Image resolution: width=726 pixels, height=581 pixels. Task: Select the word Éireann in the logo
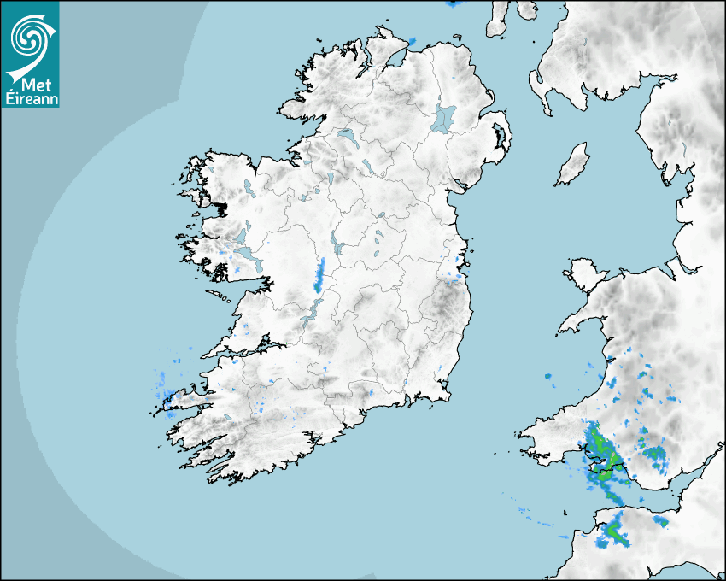pyautogui.click(x=31, y=99)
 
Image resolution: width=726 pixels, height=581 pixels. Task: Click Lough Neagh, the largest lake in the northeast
pyautogui.click(x=444, y=118)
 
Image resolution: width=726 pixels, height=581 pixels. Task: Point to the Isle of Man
pyautogui.click(x=573, y=165)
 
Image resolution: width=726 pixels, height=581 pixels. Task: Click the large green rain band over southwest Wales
pyautogui.click(x=600, y=453)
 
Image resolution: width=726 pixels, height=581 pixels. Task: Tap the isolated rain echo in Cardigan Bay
pyautogui.click(x=548, y=376)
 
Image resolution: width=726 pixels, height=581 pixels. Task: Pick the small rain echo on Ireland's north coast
pyautogui.click(x=412, y=40)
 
